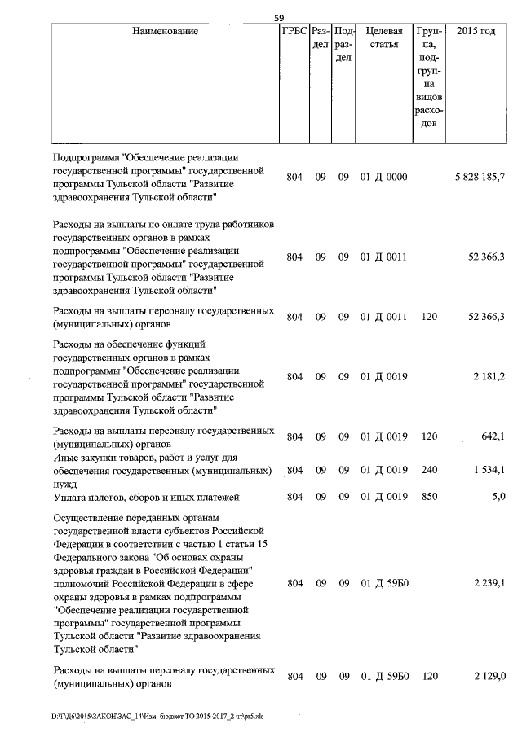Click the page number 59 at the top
click(x=279, y=18)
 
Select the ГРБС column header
click(x=294, y=31)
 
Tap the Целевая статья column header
click(x=384, y=37)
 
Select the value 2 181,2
click(x=489, y=376)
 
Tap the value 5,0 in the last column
click(x=498, y=497)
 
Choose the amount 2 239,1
click(x=489, y=583)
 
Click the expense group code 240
click(x=430, y=470)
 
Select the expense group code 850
click(x=430, y=497)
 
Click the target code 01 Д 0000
click(x=383, y=177)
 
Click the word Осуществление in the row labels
click(x=89, y=517)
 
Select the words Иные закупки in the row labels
click(x=82, y=458)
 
